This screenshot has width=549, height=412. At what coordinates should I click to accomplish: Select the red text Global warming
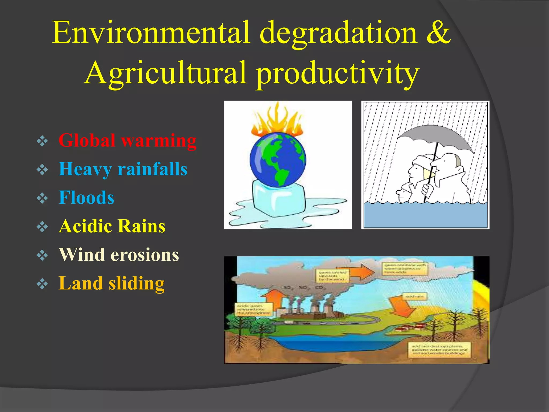(127, 140)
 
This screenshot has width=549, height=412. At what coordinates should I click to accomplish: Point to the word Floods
(86, 197)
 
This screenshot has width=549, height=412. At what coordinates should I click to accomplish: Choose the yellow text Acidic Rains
(112, 226)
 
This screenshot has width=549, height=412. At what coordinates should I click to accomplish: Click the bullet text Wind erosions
(119, 255)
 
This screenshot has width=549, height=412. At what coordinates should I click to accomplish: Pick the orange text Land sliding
(111, 283)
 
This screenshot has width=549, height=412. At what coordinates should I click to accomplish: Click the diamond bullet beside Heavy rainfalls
(42, 170)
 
